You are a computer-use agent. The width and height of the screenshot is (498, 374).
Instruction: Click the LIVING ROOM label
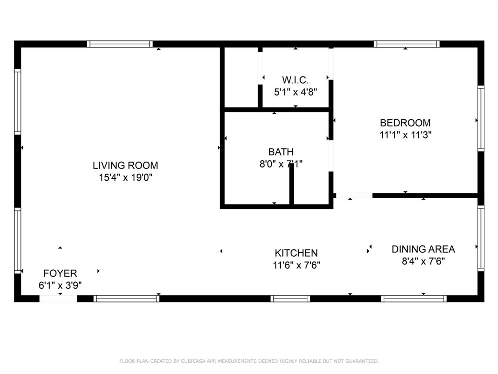click(x=125, y=166)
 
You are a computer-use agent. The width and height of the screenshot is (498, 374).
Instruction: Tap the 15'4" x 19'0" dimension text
click(x=125, y=178)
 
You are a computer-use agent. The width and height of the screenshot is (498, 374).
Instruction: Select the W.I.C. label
click(x=295, y=79)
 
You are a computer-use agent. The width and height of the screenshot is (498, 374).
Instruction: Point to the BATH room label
click(x=281, y=152)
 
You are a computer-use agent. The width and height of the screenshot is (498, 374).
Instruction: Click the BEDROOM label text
click(x=405, y=123)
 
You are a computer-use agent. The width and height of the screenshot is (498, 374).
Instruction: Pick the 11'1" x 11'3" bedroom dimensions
click(x=405, y=135)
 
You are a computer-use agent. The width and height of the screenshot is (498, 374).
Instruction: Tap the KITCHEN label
click(x=296, y=253)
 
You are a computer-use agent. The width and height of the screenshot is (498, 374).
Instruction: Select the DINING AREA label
click(x=423, y=249)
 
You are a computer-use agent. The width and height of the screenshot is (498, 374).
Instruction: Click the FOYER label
click(x=60, y=273)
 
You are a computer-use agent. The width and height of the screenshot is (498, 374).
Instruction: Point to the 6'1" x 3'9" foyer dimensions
click(x=60, y=285)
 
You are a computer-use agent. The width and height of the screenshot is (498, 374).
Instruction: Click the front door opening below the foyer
click(x=58, y=299)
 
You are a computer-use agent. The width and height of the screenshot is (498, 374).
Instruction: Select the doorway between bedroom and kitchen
click(x=354, y=196)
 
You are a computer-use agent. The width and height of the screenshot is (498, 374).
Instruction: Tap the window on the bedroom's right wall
click(x=480, y=118)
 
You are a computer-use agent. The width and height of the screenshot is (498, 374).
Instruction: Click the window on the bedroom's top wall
click(x=407, y=44)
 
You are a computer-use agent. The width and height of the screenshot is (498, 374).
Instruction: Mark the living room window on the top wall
click(x=120, y=44)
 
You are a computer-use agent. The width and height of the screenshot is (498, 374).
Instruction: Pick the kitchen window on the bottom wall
click(x=290, y=299)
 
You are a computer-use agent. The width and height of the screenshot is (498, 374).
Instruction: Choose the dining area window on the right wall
click(x=480, y=238)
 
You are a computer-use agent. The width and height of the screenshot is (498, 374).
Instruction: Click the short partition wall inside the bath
click(x=292, y=185)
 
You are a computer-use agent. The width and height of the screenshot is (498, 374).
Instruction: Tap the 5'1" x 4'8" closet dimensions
click(x=295, y=91)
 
